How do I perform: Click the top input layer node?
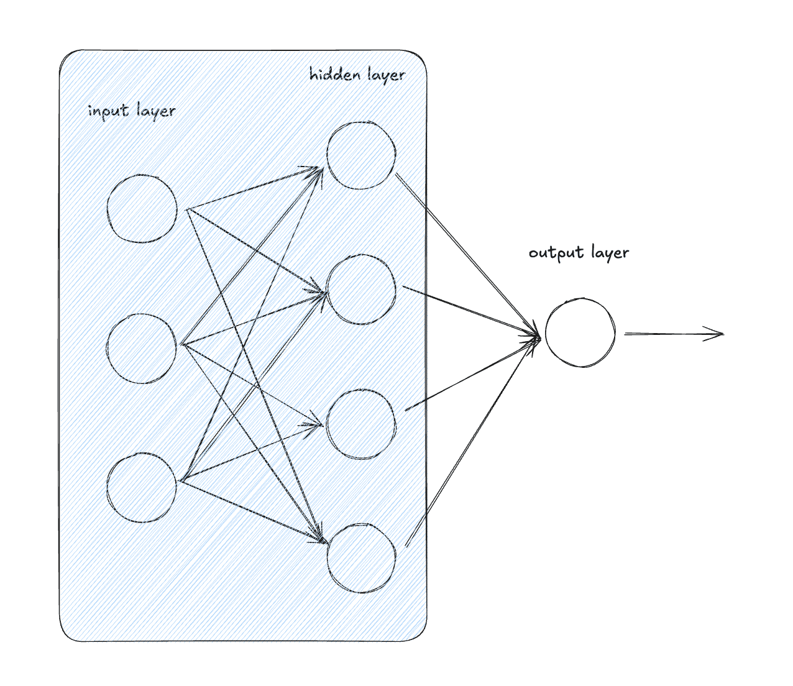(142, 209)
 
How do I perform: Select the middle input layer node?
(142, 348)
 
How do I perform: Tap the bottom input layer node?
(142, 487)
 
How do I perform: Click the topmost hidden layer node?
(361, 155)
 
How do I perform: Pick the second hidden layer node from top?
(361, 290)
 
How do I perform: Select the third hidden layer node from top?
(361, 424)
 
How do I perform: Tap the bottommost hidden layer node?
(361, 558)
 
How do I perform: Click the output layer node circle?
(580, 333)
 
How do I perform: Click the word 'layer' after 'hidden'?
(385, 76)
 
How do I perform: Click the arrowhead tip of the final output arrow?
(723, 334)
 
